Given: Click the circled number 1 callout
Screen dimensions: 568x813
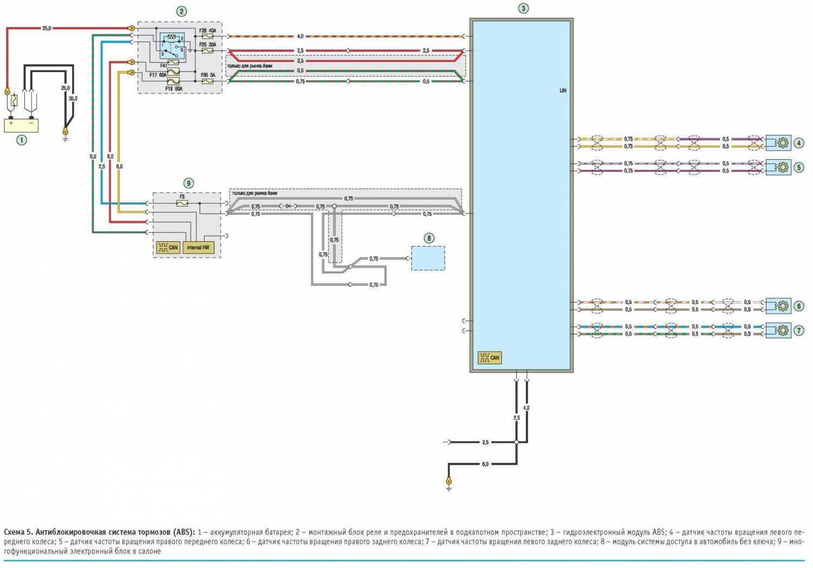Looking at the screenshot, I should click(22, 140).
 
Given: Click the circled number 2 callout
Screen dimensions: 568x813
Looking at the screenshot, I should click(181, 11).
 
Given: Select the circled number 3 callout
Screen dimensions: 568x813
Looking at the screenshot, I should click(522, 8).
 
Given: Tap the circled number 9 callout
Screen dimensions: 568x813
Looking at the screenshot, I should click(188, 183).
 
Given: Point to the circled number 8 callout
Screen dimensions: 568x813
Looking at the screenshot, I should click(429, 237).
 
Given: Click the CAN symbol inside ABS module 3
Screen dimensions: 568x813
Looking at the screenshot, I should click(489, 358).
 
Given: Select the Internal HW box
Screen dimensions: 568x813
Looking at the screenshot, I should click(198, 248).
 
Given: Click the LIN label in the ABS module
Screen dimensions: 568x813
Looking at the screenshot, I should click(563, 91).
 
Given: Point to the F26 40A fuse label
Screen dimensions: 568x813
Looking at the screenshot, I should click(208, 31).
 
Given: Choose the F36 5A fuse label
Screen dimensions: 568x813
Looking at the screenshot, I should click(208, 75).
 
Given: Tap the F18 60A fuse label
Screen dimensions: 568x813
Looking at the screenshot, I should click(174, 87).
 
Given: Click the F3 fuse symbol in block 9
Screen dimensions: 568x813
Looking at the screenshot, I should click(182, 203).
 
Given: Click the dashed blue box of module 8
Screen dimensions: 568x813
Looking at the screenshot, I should click(428, 258).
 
